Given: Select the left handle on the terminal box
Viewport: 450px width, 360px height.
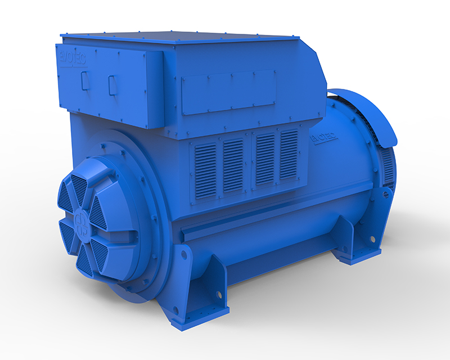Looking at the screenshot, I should [x=85, y=80].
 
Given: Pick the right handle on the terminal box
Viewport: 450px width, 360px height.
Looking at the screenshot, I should [x=112, y=84].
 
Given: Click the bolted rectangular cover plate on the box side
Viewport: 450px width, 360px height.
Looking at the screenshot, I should [x=228, y=92].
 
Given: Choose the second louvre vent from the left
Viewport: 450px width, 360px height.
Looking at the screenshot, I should [x=233, y=167].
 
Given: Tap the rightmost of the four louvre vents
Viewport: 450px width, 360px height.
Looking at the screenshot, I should [x=289, y=155].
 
